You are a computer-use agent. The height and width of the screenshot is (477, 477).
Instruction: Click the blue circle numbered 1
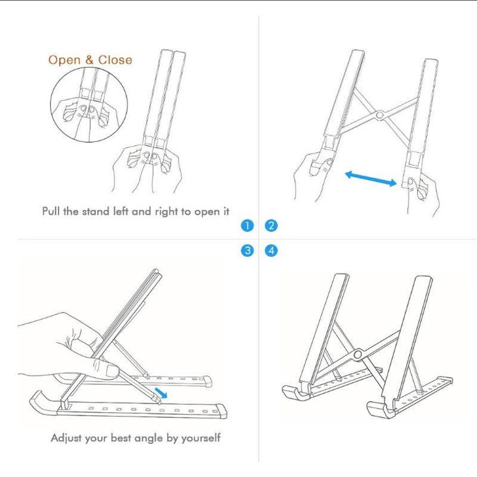tap(247, 226)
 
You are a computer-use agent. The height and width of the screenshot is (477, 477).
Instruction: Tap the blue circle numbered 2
tap(271, 226)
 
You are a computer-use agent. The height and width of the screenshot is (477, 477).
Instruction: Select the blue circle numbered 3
tap(247, 250)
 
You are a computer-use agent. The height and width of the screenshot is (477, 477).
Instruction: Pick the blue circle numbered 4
tap(271, 250)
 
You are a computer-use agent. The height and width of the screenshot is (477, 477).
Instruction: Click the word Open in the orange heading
tap(64, 61)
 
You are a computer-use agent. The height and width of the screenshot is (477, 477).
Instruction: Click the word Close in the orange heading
tap(115, 60)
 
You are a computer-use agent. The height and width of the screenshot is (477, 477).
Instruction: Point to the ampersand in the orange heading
tap(89, 60)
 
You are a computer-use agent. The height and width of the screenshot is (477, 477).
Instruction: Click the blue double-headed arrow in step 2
tap(371, 178)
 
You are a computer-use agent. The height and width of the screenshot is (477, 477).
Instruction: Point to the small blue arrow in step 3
tap(161, 393)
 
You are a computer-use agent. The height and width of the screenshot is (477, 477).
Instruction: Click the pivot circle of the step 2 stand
tap(379, 115)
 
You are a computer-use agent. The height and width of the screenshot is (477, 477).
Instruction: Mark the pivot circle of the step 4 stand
tap(358, 354)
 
